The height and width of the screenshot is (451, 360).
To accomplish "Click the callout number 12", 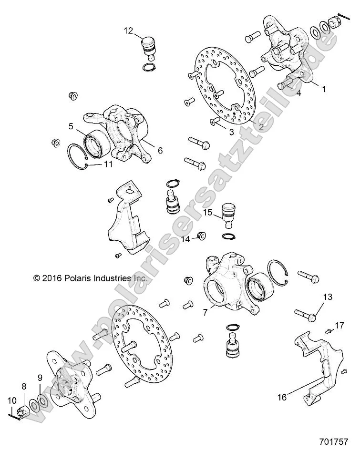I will [128, 31].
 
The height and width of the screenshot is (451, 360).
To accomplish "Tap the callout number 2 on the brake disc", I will [261, 126].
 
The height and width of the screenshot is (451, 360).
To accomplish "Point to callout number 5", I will [71, 127].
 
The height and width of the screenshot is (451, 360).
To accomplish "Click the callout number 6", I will [160, 150].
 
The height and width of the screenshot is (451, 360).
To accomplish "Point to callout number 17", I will [339, 326].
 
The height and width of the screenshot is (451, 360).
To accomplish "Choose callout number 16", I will [282, 396].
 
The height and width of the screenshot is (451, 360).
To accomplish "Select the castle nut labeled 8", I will [24, 410].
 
